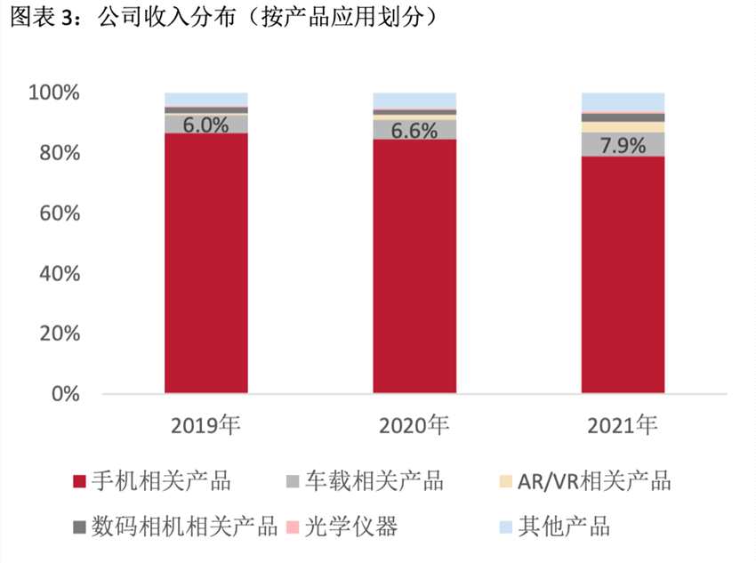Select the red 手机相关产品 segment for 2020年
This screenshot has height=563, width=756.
pos(414,266)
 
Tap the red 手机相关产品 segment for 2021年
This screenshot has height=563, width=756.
pos(623,275)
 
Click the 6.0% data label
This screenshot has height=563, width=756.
pos(205,125)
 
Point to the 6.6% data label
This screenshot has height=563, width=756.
pos(414,131)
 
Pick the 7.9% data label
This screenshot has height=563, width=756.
pos(623,145)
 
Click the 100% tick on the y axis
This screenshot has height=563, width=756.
pos(54,93)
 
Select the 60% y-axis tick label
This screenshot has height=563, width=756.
pos(59,213)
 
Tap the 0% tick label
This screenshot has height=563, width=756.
pos(65,394)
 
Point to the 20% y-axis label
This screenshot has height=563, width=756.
pos(59,334)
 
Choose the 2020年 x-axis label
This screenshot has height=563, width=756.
pos(414,425)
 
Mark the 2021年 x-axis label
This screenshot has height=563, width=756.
pos(623,425)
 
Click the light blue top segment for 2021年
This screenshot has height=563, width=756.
pos(623,101)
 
